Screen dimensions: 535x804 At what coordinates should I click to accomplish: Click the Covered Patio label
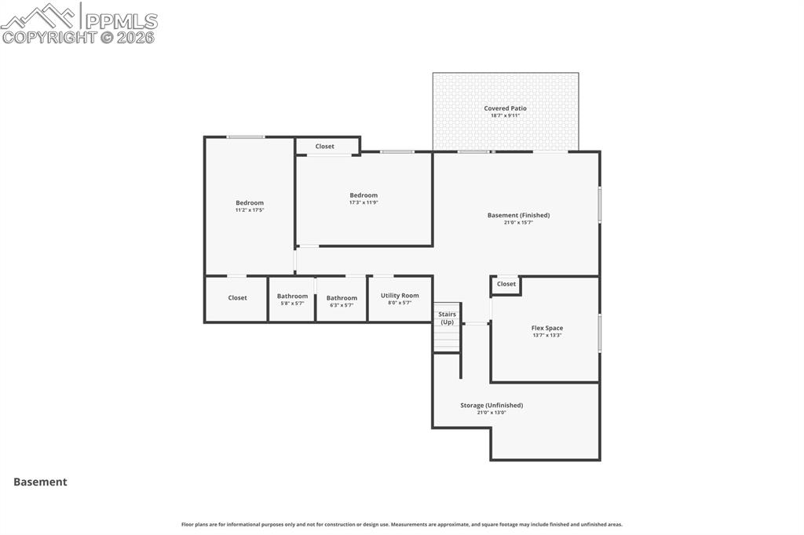pyautogui.click(x=505, y=108)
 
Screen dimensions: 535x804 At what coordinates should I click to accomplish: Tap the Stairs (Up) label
pyautogui.click(x=447, y=318)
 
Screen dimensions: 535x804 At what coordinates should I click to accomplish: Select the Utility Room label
pyautogui.click(x=400, y=296)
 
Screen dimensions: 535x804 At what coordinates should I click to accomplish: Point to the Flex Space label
pyautogui.click(x=546, y=328)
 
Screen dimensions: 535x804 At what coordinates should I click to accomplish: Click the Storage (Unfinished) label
pyautogui.click(x=492, y=406)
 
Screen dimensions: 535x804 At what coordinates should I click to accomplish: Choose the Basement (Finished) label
pyautogui.click(x=518, y=215)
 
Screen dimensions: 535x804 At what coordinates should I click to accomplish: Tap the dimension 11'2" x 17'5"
pyautogui.click(x=250, y=210)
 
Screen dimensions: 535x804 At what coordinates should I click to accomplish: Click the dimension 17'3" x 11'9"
pyautogui.click(x=364, y=202)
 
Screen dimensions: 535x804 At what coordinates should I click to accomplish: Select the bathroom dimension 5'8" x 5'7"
pyautogui.click(x=292, y=304)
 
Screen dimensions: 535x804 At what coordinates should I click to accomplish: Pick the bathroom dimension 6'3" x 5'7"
pyautogui.click(x=342, y=304)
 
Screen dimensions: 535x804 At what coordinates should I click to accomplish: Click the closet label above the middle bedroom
pyautogui.click(x=324, y=147)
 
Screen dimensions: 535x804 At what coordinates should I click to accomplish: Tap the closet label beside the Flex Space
pyautogui.click(x=506, y=284)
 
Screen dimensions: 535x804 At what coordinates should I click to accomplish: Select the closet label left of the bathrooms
pyautogui.click(x=237, y=298)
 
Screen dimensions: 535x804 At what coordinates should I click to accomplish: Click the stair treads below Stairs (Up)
pyautogui.click(x=447, y=339)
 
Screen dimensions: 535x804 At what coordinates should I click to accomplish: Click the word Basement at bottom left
pyautogui.click(x=40, y=482)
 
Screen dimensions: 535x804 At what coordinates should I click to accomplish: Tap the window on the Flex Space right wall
pyautogui.click(x=600, y=333)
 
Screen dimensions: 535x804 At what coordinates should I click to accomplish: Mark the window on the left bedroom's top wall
pyautogui.click(x=245, y=137)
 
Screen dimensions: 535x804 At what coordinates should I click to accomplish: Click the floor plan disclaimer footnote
pyautogui.click(x=402, y=525)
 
